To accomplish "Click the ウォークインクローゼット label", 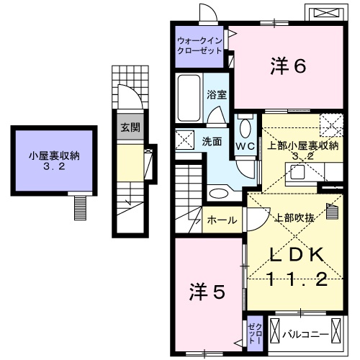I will pos(200,46).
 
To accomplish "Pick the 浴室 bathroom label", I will pos(217,94).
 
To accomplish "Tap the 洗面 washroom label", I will pos(211,141).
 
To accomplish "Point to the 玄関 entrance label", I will pos(130,127).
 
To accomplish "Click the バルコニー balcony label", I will pos(306,335).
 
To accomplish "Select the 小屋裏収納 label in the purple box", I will pos(54,156).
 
